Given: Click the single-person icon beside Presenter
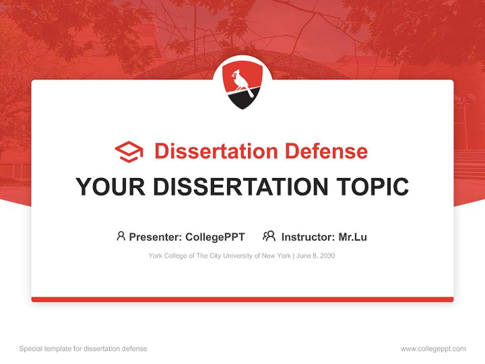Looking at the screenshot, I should (x=121, y=236).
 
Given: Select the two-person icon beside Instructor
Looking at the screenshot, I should (x=269, y=236).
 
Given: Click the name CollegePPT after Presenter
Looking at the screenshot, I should (x=215, y=237).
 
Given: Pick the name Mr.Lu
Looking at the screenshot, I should (x=353, y=237).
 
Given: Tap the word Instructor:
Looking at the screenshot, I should (x=308, y=237).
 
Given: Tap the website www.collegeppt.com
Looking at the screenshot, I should (x=433, y=349).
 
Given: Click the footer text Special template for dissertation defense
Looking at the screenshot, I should (x=83, y=349).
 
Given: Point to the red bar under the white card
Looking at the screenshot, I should (x=243, y=299).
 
